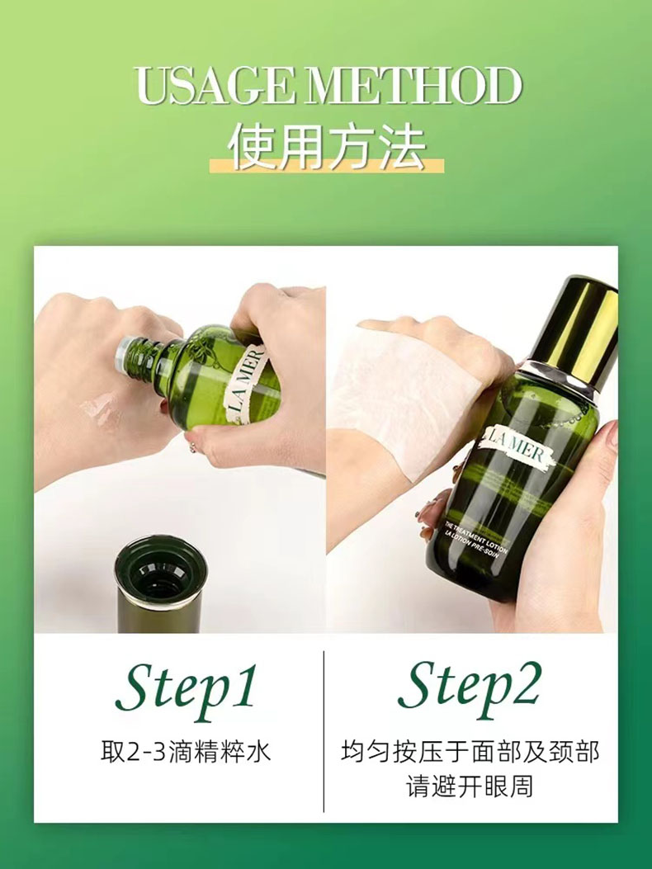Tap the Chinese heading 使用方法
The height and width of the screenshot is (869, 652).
327,146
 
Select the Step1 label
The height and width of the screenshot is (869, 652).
187,687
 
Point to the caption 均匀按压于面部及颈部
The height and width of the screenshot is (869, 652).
470,752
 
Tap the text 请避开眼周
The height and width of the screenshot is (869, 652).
470,786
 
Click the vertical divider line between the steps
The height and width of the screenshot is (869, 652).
324,731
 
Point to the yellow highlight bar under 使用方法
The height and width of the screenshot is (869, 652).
327,164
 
